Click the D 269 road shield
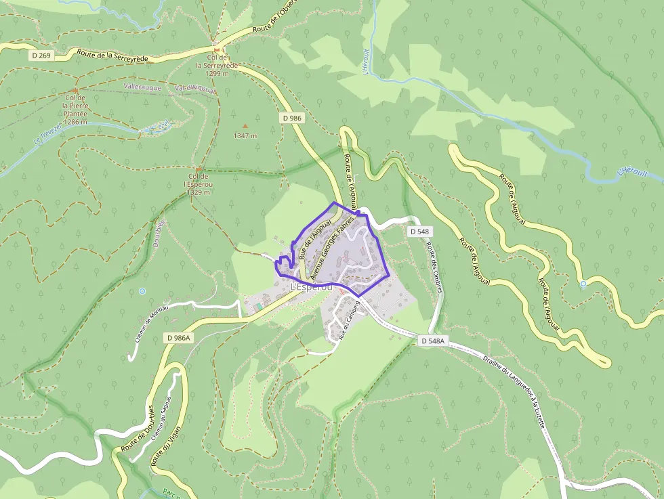[40, 56]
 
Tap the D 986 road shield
[291, 118]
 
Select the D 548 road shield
[419, 232]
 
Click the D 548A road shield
[432, 341]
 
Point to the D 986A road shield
[179, 337]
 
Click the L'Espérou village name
[312, 288]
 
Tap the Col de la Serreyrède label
[217, 65]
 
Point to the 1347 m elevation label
[245, 135]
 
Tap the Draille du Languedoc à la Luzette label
[516, 393]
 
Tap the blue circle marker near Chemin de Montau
[142, 291]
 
